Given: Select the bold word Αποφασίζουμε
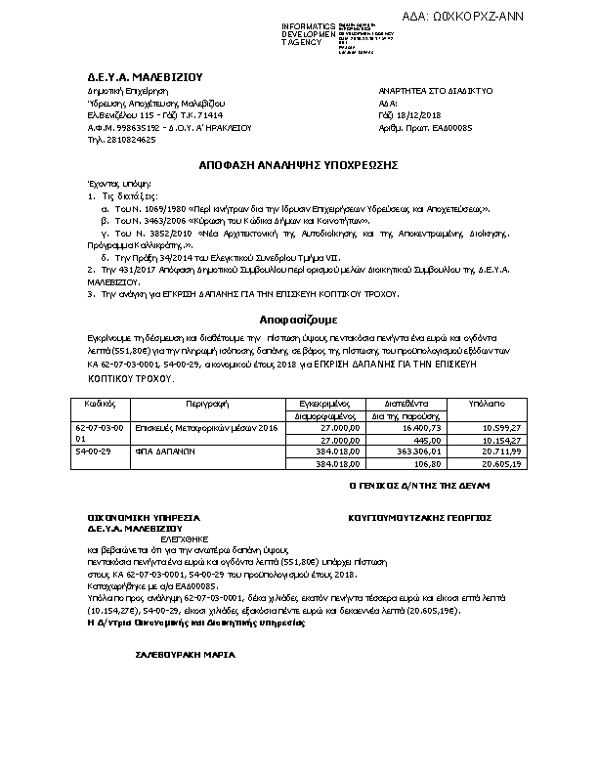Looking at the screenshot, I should click(x=298, y=320).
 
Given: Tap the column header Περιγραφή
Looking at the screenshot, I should click(x=203, y=402).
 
